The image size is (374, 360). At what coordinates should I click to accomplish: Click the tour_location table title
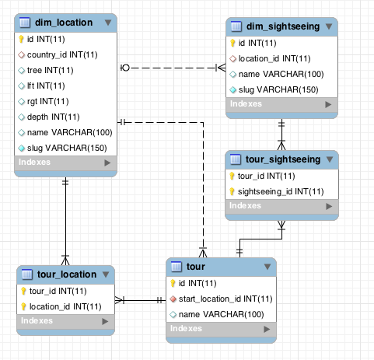coord(68,274)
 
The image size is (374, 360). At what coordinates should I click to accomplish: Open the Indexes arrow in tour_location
coord(107,321)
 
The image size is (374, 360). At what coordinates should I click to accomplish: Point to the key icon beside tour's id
coord(174,284)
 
